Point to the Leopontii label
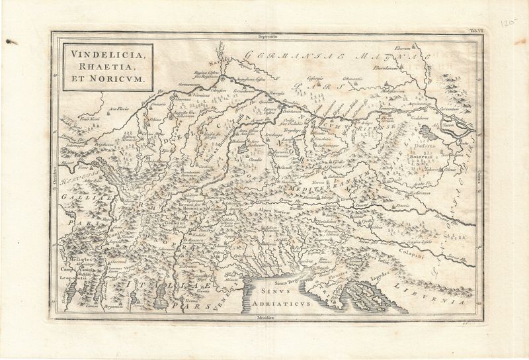click(x=72, y=278)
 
